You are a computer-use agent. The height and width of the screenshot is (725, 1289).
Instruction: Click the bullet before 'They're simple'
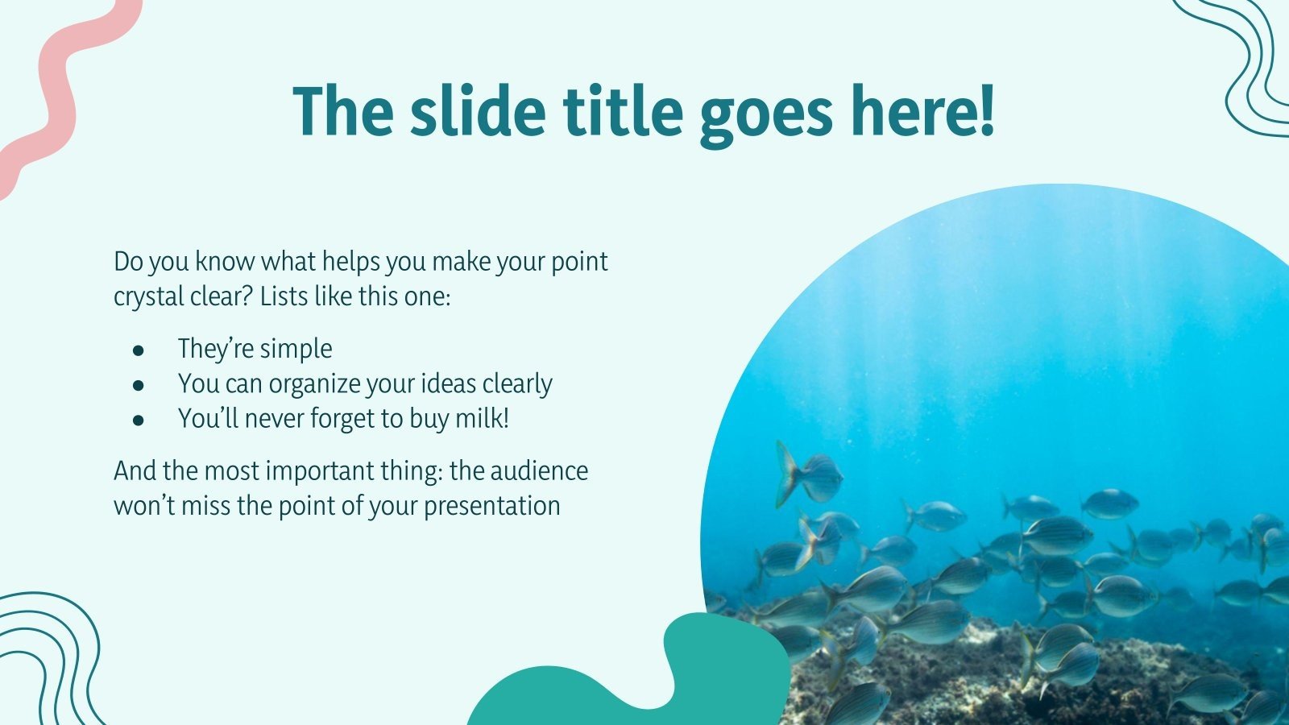[139, 350]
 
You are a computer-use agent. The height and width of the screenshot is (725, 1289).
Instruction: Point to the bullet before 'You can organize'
[139, 386]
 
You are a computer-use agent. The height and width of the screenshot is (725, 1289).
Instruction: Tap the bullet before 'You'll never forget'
[139, 420]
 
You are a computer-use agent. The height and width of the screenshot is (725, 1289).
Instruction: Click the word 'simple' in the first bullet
[294, 349]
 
